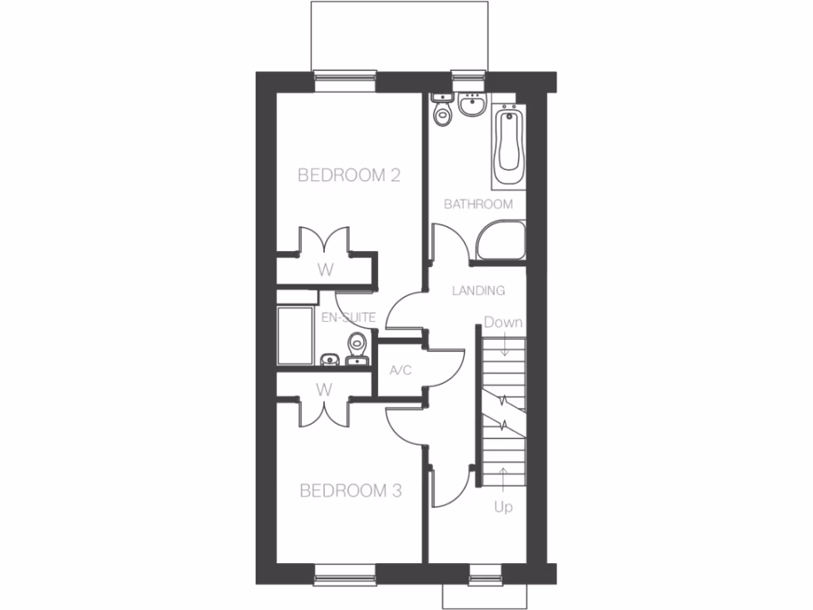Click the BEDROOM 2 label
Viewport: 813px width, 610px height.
(348, 176)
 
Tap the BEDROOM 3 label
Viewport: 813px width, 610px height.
(350, 492)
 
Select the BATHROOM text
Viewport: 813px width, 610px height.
(478, 204)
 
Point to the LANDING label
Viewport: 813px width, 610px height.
(478, 291)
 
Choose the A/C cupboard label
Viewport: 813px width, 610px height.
(399, 369)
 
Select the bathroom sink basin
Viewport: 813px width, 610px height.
(472, 105)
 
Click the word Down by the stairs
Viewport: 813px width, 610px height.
(503, 322)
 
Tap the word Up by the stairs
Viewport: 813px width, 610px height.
(503, 508)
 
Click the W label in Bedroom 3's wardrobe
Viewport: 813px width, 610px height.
(323, 390)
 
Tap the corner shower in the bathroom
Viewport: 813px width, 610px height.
(501, 241)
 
